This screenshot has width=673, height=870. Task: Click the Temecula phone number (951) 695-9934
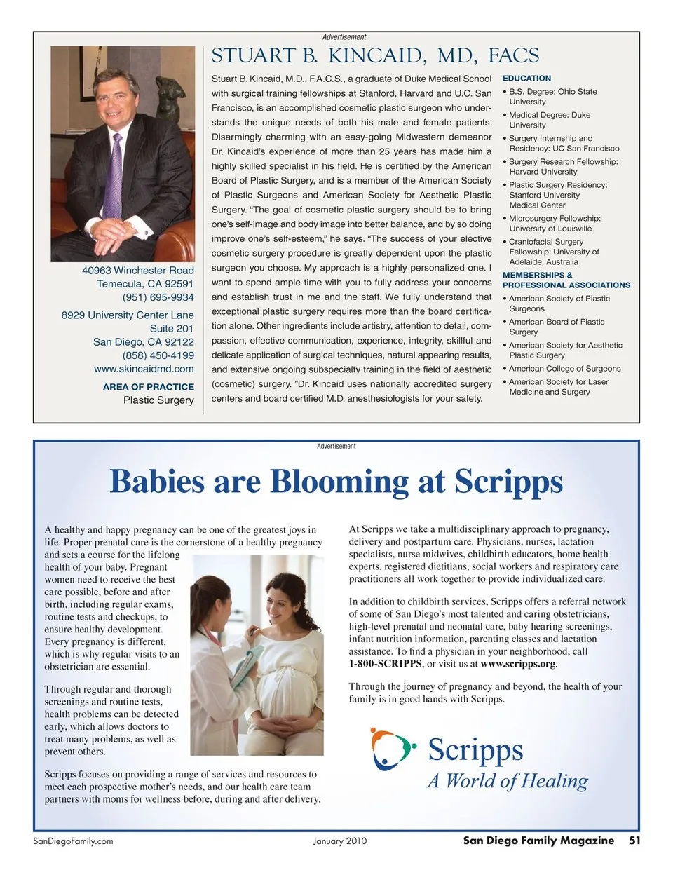pos(158,297)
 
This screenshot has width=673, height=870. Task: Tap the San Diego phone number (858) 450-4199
pos(158,355)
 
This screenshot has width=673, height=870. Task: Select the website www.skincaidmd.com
pos(144,369)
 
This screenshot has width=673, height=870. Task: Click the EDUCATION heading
pos(526,79)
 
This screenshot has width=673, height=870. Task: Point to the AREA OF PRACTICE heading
pos(148,387)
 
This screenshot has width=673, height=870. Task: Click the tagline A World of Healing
pos(508,781)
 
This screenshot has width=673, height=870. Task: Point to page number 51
pos(634,841)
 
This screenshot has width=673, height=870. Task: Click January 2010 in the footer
pos(339,841)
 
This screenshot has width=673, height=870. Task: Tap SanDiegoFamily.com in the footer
pos(73,841)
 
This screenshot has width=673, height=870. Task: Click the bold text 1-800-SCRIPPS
pos(386,663)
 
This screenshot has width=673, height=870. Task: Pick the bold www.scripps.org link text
pos(518,663)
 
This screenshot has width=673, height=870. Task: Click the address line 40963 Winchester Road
pos(137,271)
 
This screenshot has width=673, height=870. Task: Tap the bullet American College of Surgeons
pos(564,369)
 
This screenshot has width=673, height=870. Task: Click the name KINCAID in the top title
pos(374,56)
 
